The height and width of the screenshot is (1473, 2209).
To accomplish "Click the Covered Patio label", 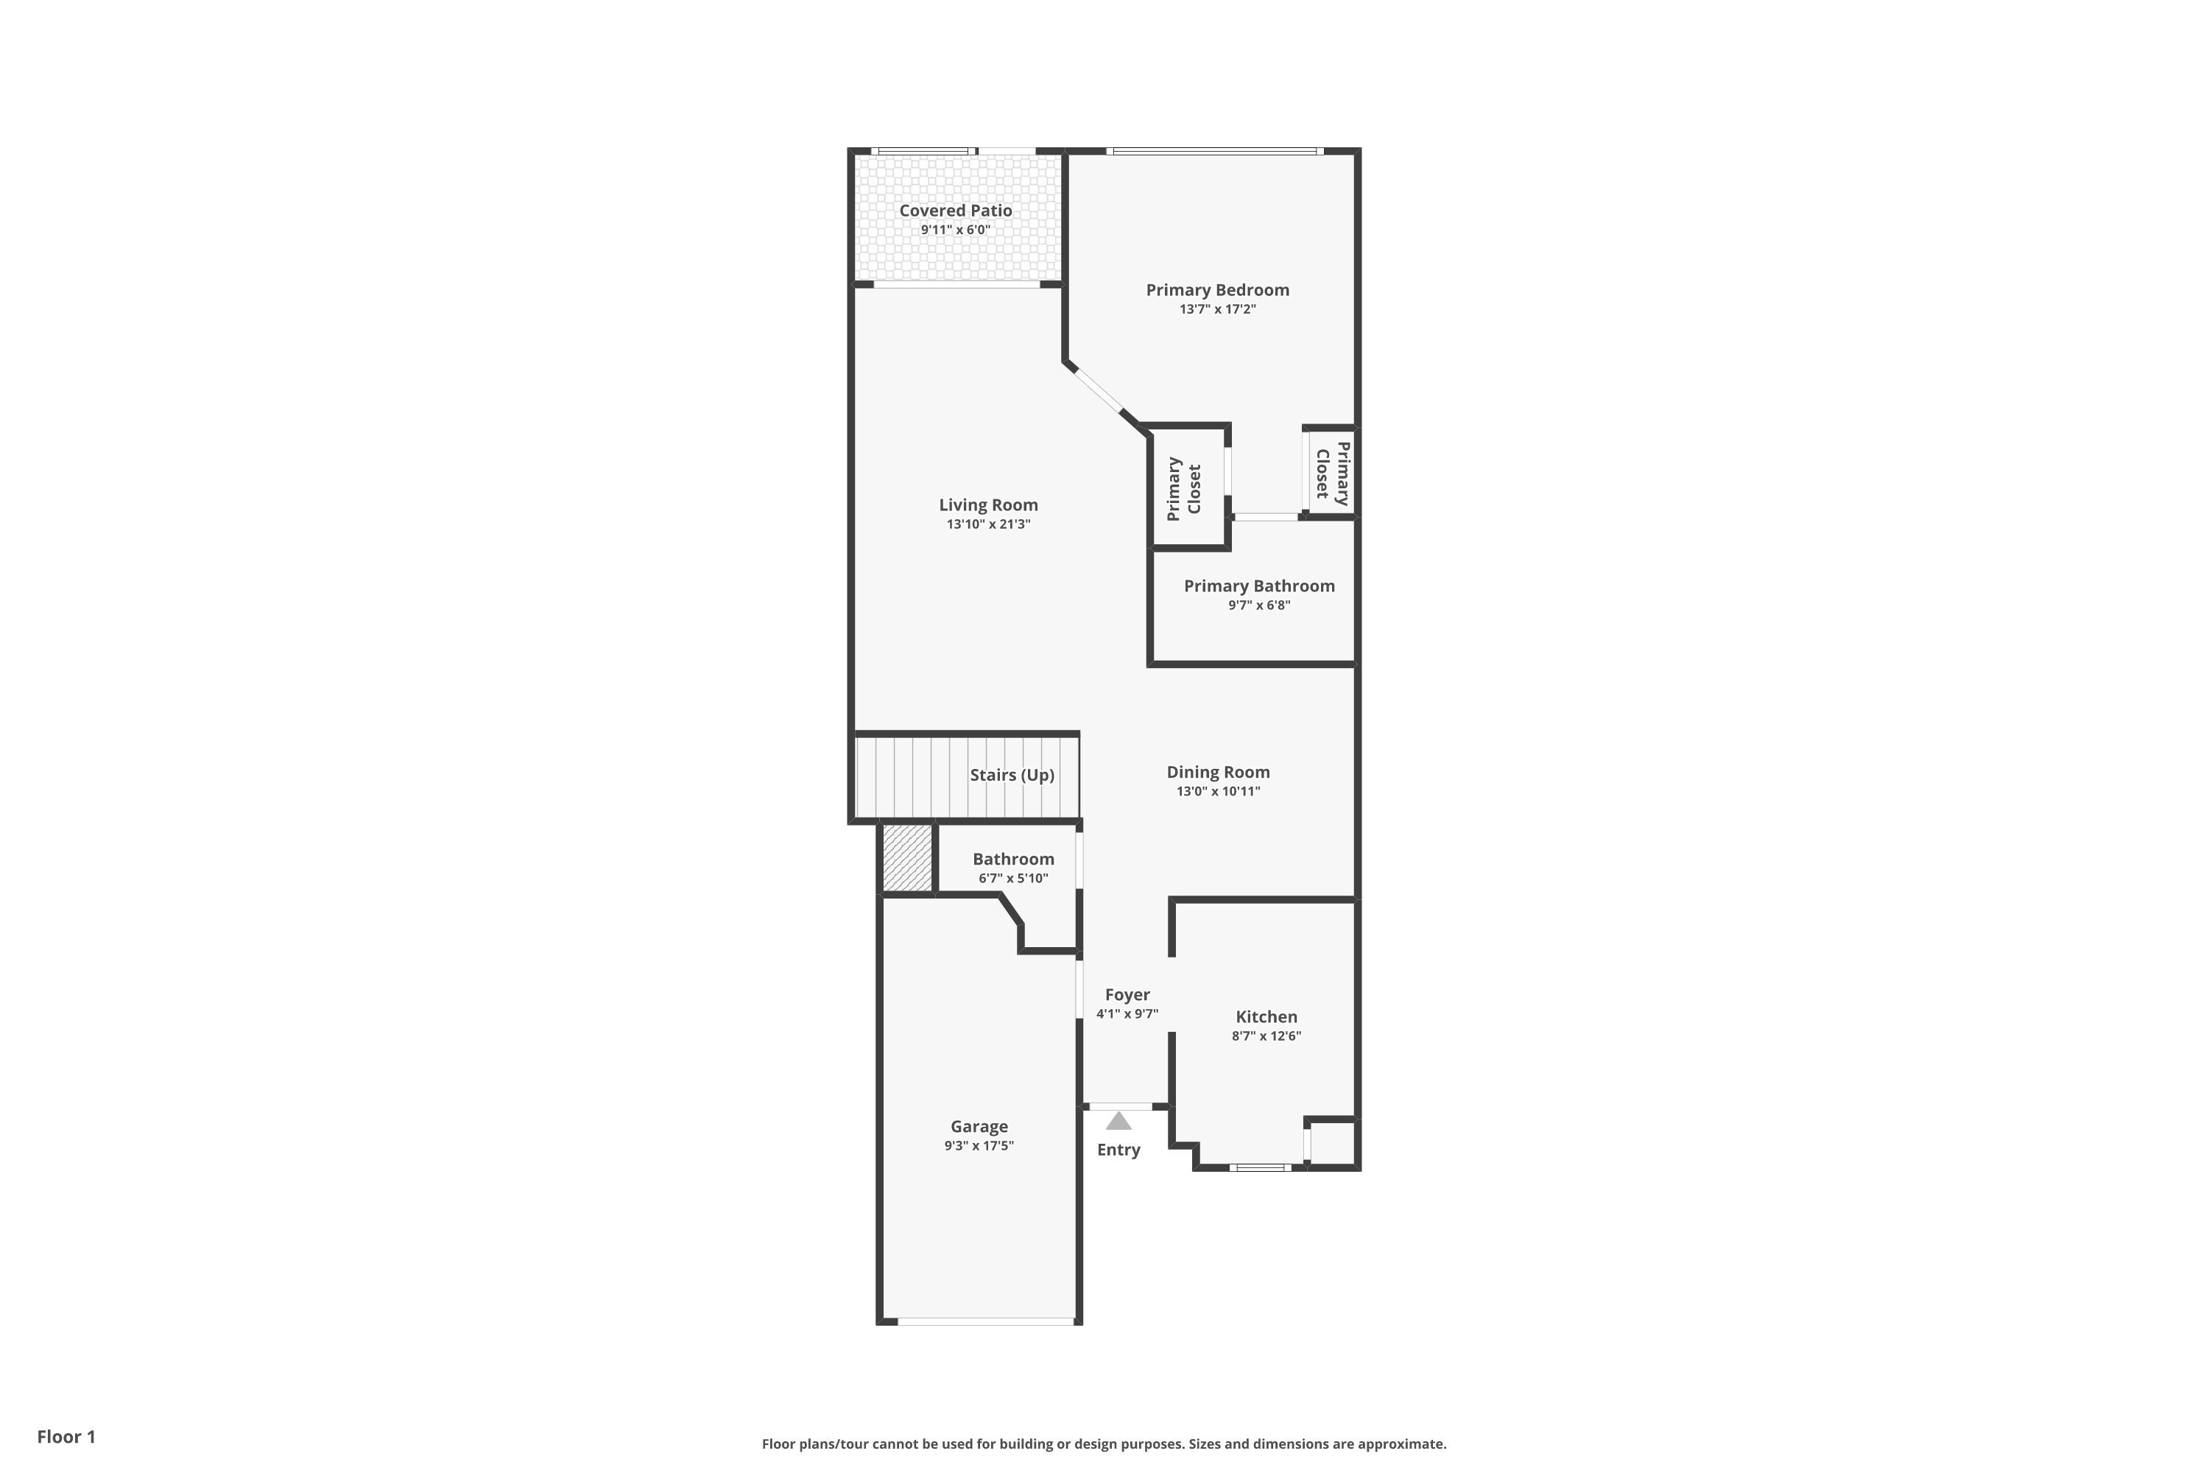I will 955,211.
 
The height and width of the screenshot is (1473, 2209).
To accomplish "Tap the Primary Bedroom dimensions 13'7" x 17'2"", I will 1217,309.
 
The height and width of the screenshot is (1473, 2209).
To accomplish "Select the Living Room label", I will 988,505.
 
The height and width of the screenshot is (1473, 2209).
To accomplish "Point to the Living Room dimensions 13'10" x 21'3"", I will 988,524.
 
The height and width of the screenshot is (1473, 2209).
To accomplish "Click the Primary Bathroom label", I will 1258,586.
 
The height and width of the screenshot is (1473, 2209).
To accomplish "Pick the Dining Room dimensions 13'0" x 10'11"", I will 1218,791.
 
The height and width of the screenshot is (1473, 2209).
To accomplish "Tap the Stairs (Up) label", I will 1012,774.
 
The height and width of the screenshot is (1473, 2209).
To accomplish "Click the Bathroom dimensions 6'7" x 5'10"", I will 1012,879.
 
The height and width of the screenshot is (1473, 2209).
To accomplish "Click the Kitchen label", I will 1266,1016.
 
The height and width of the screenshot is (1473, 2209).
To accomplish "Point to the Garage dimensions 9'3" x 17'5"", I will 979,1145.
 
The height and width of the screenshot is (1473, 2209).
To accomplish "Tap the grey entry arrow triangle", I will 1118,1121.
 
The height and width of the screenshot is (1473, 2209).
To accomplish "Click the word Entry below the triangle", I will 1118,1150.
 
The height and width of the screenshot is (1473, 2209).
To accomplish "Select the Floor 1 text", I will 66,1436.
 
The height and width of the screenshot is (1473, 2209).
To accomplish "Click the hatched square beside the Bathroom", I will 907,858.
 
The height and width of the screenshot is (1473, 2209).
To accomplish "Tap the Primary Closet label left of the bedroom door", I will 1183,488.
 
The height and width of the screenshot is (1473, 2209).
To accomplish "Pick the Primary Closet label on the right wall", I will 1333,474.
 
